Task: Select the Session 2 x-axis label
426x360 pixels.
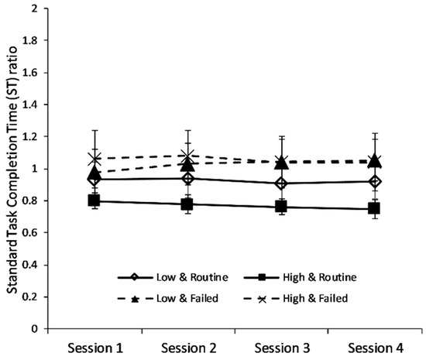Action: pos(187,348)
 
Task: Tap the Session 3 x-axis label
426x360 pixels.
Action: pos(281,348)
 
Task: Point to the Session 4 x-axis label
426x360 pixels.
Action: pos(374,348)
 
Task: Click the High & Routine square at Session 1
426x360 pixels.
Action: pos(94,201)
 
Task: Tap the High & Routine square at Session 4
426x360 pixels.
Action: pos(375,208)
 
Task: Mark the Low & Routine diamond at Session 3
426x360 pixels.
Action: pos(281,183)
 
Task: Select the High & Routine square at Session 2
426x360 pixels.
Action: pos(187,204)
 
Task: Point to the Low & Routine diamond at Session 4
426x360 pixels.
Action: pos(375,181)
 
